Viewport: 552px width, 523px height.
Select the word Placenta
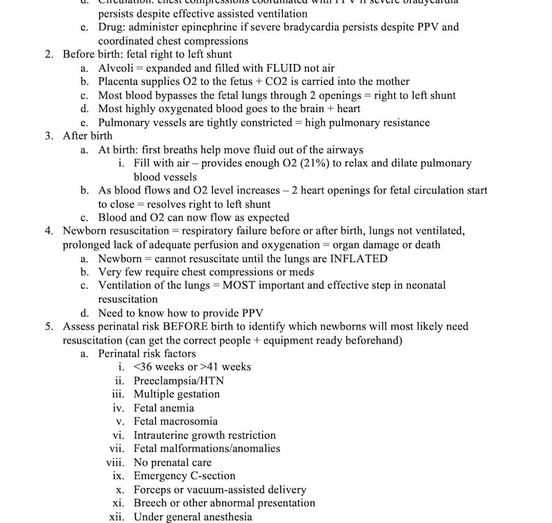(x=119, y=82)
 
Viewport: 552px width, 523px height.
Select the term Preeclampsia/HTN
(x=179, y=381)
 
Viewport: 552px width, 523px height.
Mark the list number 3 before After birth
(x=49, y=136)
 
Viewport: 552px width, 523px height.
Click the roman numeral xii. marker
(x=117, y=517)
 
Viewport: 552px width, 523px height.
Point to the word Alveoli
(x=115, y=68)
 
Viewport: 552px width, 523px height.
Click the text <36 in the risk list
(x=145, y=367)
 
